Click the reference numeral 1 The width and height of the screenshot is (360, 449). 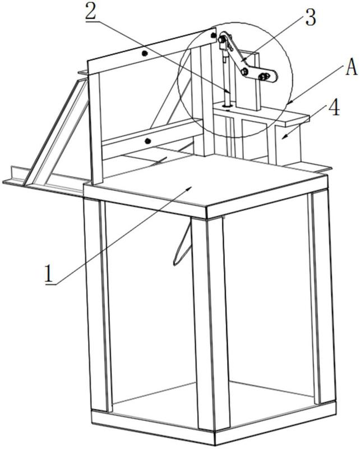(49, 274)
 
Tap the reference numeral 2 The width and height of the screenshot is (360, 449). (90, 11)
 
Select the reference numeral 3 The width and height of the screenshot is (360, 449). (311, 17)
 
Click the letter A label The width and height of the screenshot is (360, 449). (352, 67)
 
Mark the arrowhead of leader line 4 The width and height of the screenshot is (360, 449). (284, 138)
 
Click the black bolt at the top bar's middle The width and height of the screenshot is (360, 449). (145, 53)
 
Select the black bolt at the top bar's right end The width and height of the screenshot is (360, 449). (213, 35)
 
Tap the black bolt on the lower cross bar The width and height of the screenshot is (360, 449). (147, 141)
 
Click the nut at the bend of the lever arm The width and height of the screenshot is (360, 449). (244, 72)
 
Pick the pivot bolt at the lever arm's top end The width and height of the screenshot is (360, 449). (222, 40)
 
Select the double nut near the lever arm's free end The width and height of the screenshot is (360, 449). (264, 76)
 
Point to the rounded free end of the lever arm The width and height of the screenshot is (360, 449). (275, 76)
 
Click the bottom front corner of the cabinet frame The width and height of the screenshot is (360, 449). (214, 445)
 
